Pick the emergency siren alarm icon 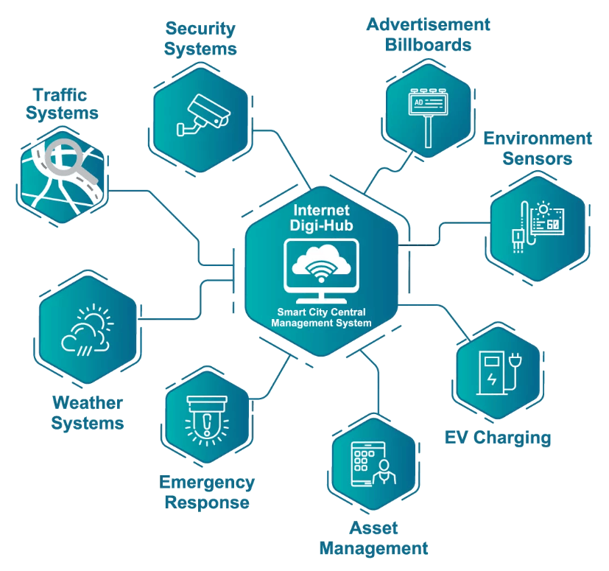(x=209, y=421)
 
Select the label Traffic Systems (x=60, y=104)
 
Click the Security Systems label (x=200, y=39)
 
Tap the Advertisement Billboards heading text (x=428, y=34)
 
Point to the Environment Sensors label (x=538, y=148)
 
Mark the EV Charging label (x=498, y=438)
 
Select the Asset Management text (x=374, y=538)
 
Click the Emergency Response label (x=207, y=493)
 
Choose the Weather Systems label (x=87, y=413)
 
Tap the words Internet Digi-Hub (x=321, y=218)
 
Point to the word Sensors (x=538, y=158)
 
